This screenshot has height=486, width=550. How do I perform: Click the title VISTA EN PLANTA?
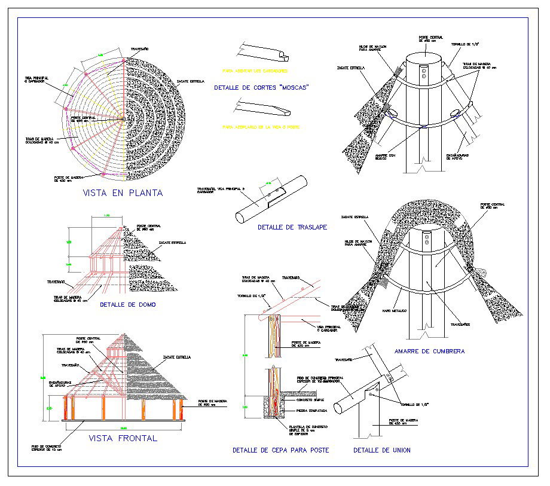(123, 193)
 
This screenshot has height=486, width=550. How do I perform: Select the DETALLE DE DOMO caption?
(128, 304)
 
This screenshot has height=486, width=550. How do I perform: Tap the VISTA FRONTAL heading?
(123, 438)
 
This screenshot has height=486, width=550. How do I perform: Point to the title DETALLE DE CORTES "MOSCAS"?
(261, 88)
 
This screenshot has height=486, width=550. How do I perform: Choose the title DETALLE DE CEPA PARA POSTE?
(280, 450)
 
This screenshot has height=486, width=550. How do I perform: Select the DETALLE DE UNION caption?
(381, 450)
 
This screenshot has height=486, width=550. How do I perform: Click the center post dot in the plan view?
(124, 119)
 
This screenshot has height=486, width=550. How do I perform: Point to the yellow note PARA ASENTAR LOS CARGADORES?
(255, 70)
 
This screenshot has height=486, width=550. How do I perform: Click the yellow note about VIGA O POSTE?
(260, 127)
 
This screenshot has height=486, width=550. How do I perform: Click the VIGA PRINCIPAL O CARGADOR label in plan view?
(36, 80)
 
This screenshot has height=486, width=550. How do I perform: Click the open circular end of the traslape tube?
(241, 218)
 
